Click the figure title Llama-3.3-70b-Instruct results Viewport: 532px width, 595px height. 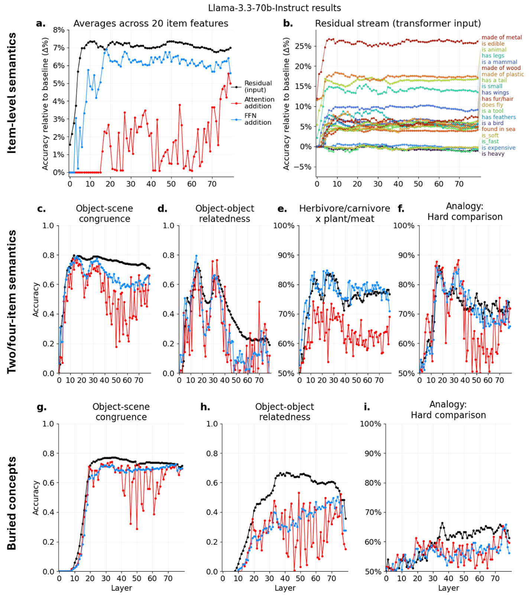coord(274,8)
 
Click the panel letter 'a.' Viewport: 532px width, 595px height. coord(40,23)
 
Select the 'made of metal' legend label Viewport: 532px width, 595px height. coord(502,37)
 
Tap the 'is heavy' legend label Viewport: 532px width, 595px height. coord(493,154)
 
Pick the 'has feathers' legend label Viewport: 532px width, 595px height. coord(499,117)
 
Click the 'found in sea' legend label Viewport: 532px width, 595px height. coord(498,129)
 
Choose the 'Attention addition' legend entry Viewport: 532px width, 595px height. coord(259,103)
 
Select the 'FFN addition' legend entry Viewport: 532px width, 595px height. coord(257,119)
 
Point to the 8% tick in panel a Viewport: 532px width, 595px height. coord(59,30)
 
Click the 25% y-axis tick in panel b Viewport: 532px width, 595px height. coord(303,46)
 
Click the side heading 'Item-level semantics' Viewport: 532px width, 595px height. coord(12,93)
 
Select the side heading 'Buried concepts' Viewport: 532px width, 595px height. coord(12,503)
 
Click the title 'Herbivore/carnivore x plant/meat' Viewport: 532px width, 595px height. coord(344,213)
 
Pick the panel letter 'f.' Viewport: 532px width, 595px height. coord(401,209)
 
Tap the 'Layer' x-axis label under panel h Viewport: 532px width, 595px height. coord(285,588)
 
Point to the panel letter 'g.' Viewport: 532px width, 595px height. coord(42,407)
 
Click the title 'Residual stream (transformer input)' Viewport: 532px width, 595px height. coord(398,23)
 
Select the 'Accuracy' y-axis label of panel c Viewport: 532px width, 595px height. coord(36,299)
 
